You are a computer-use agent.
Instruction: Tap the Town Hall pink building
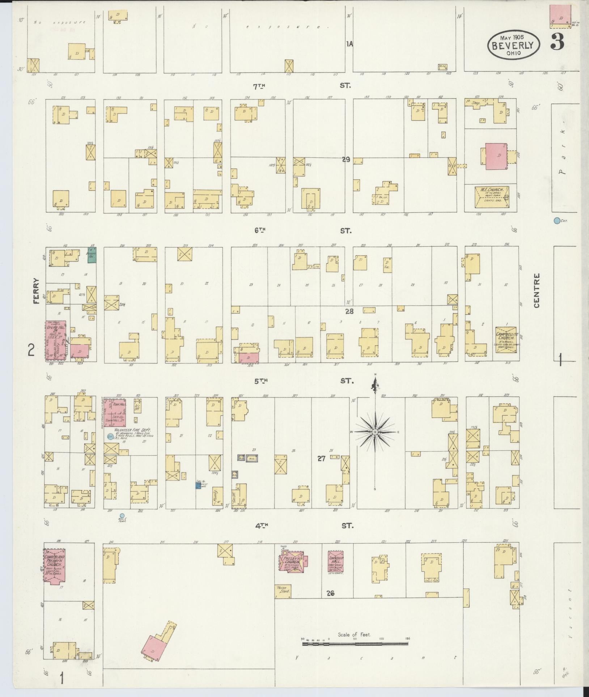(115, 413)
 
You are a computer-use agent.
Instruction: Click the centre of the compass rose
(375, 432)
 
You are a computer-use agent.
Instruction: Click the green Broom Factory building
(92, 255)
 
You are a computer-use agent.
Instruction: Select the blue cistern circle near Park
(556, 220)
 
